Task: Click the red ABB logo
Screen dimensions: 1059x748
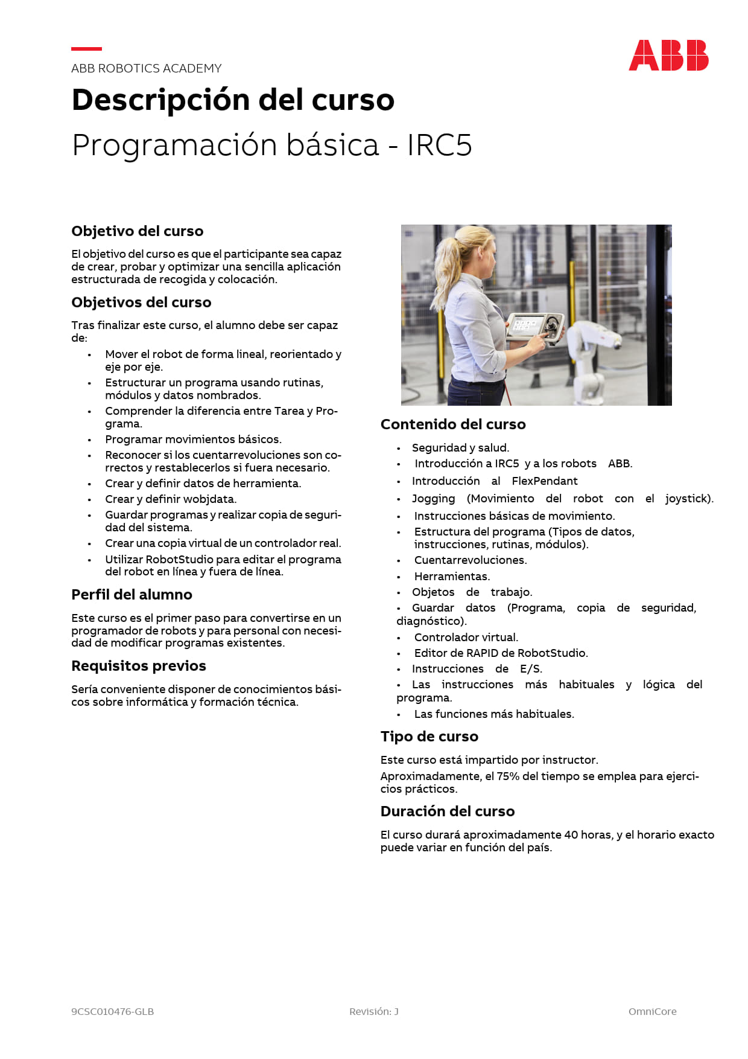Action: point(668,56)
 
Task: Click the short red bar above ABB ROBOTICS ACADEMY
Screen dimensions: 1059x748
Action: point(86,49)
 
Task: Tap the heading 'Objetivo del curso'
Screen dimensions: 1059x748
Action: point(137,231)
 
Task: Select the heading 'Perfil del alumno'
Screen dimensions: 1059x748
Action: point(132,595)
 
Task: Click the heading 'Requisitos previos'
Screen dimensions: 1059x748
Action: point(138,666)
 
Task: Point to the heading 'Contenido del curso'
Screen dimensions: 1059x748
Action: point(452,424)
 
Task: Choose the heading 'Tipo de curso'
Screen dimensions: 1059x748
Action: point(429,737)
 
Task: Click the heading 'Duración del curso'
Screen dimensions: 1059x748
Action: point(447,811)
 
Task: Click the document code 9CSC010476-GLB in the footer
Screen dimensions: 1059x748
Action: point(112,1011)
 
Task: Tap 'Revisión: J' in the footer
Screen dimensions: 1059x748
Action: point(373,1011)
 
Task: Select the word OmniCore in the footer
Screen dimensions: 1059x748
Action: point(652,1011)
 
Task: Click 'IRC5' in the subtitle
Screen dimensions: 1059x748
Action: point(439,146)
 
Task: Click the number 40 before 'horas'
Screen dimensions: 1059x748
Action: point(571,835)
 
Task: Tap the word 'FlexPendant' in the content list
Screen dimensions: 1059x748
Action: point(544,481)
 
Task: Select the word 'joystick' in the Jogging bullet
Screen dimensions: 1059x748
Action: point(687,499)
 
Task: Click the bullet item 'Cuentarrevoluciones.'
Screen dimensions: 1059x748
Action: point(470,560)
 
